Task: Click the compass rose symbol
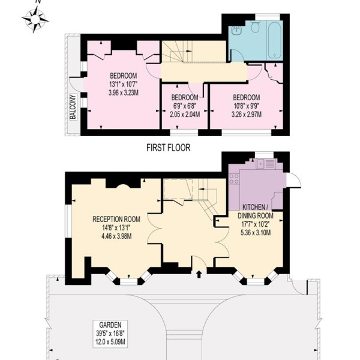(35, 19)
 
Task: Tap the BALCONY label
(73, 107)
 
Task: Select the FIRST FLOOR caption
(168, 148)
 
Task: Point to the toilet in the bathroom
(255, 26)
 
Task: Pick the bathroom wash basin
(236, 30)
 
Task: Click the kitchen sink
(266, 164)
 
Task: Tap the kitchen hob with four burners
(234, 179)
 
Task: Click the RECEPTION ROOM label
(116, 219)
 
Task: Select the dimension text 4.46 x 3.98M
(116, 236)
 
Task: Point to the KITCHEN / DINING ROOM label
(256, 211)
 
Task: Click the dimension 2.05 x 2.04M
(185, 115)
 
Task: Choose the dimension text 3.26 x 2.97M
(247, 115)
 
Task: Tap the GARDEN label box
(110, 334)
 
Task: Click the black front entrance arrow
(199, 274)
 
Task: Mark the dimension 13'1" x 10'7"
(123, 84)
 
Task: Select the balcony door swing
(74, 85)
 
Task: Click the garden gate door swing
(298, 286)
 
